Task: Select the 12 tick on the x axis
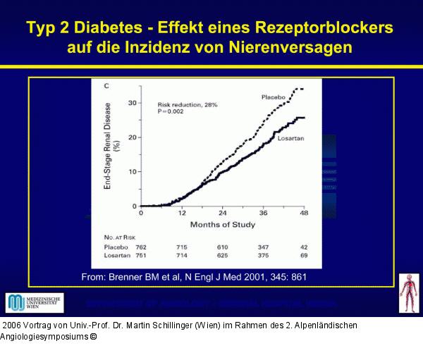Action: pyautogui.click(x=181, y=213)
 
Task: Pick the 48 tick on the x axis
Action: pyautogui.click(x=304, y=213)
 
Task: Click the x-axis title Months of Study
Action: pyautogui.click(x=222, y=225)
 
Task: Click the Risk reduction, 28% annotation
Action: pyautogui.click(x=187, y=104)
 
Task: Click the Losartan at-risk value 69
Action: pyautogui.click(x=305, y=257)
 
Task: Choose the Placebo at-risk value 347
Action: pyautogui.click(x=265, y=248)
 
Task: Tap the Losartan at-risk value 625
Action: pyautogui.click(x=223, y=257)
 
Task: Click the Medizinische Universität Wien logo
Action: pyautogui.click(x=35, y=303)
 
